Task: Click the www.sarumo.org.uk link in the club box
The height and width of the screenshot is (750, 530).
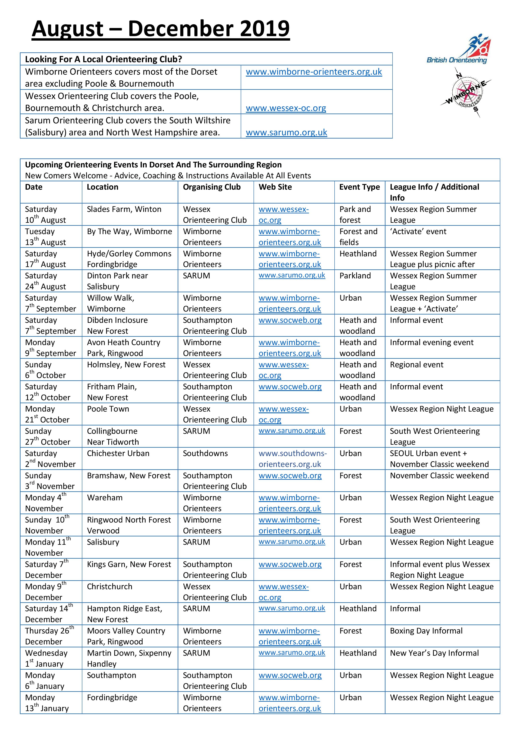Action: (286, 132)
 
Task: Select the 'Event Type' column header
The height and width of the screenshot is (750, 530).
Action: (359, 187)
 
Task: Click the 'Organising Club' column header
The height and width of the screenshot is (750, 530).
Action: (212, 187)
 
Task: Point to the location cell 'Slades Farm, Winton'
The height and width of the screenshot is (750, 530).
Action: (124, 209)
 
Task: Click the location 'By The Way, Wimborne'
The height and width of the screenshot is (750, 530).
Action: (129, 231)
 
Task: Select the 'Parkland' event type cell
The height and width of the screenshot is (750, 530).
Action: (355, 276)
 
